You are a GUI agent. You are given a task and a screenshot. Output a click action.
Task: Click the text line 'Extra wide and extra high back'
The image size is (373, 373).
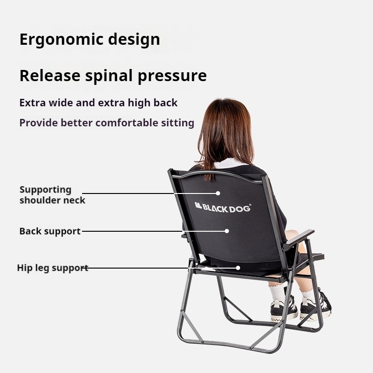98,103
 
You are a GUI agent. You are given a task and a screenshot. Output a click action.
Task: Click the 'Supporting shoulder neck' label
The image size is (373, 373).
52,195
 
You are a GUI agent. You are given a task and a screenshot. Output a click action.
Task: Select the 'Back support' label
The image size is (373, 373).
50,231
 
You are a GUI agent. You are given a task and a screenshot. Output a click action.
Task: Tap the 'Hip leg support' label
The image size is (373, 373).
53,268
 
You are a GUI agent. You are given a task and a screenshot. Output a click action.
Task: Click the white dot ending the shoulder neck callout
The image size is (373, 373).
218,193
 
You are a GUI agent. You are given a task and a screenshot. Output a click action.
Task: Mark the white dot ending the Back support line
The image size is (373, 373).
227,231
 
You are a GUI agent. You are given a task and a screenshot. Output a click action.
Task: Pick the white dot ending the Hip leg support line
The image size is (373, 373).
238,268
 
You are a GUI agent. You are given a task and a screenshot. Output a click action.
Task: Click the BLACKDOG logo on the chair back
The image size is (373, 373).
223,207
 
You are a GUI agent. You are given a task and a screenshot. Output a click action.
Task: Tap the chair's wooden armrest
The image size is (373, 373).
300,237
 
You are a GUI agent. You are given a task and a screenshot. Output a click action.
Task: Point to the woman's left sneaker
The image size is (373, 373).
284,307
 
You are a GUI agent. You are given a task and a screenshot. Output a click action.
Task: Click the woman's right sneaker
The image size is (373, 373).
316,307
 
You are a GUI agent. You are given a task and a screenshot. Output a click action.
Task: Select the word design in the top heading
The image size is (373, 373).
134,40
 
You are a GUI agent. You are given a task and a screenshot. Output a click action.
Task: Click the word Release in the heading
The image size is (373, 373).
50,76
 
